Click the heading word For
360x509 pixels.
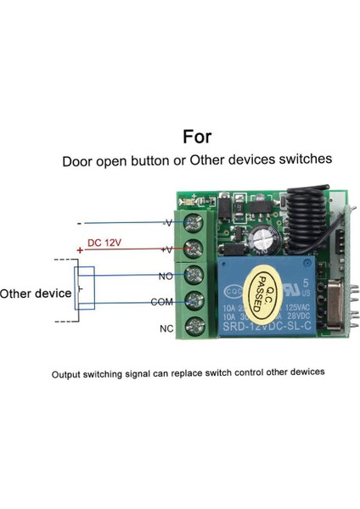(x=196, y=137)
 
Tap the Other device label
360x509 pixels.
(x=36, y=294)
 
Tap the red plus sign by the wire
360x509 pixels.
(x=80, y=250)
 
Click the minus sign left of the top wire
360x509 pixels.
(x=79, y=225)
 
